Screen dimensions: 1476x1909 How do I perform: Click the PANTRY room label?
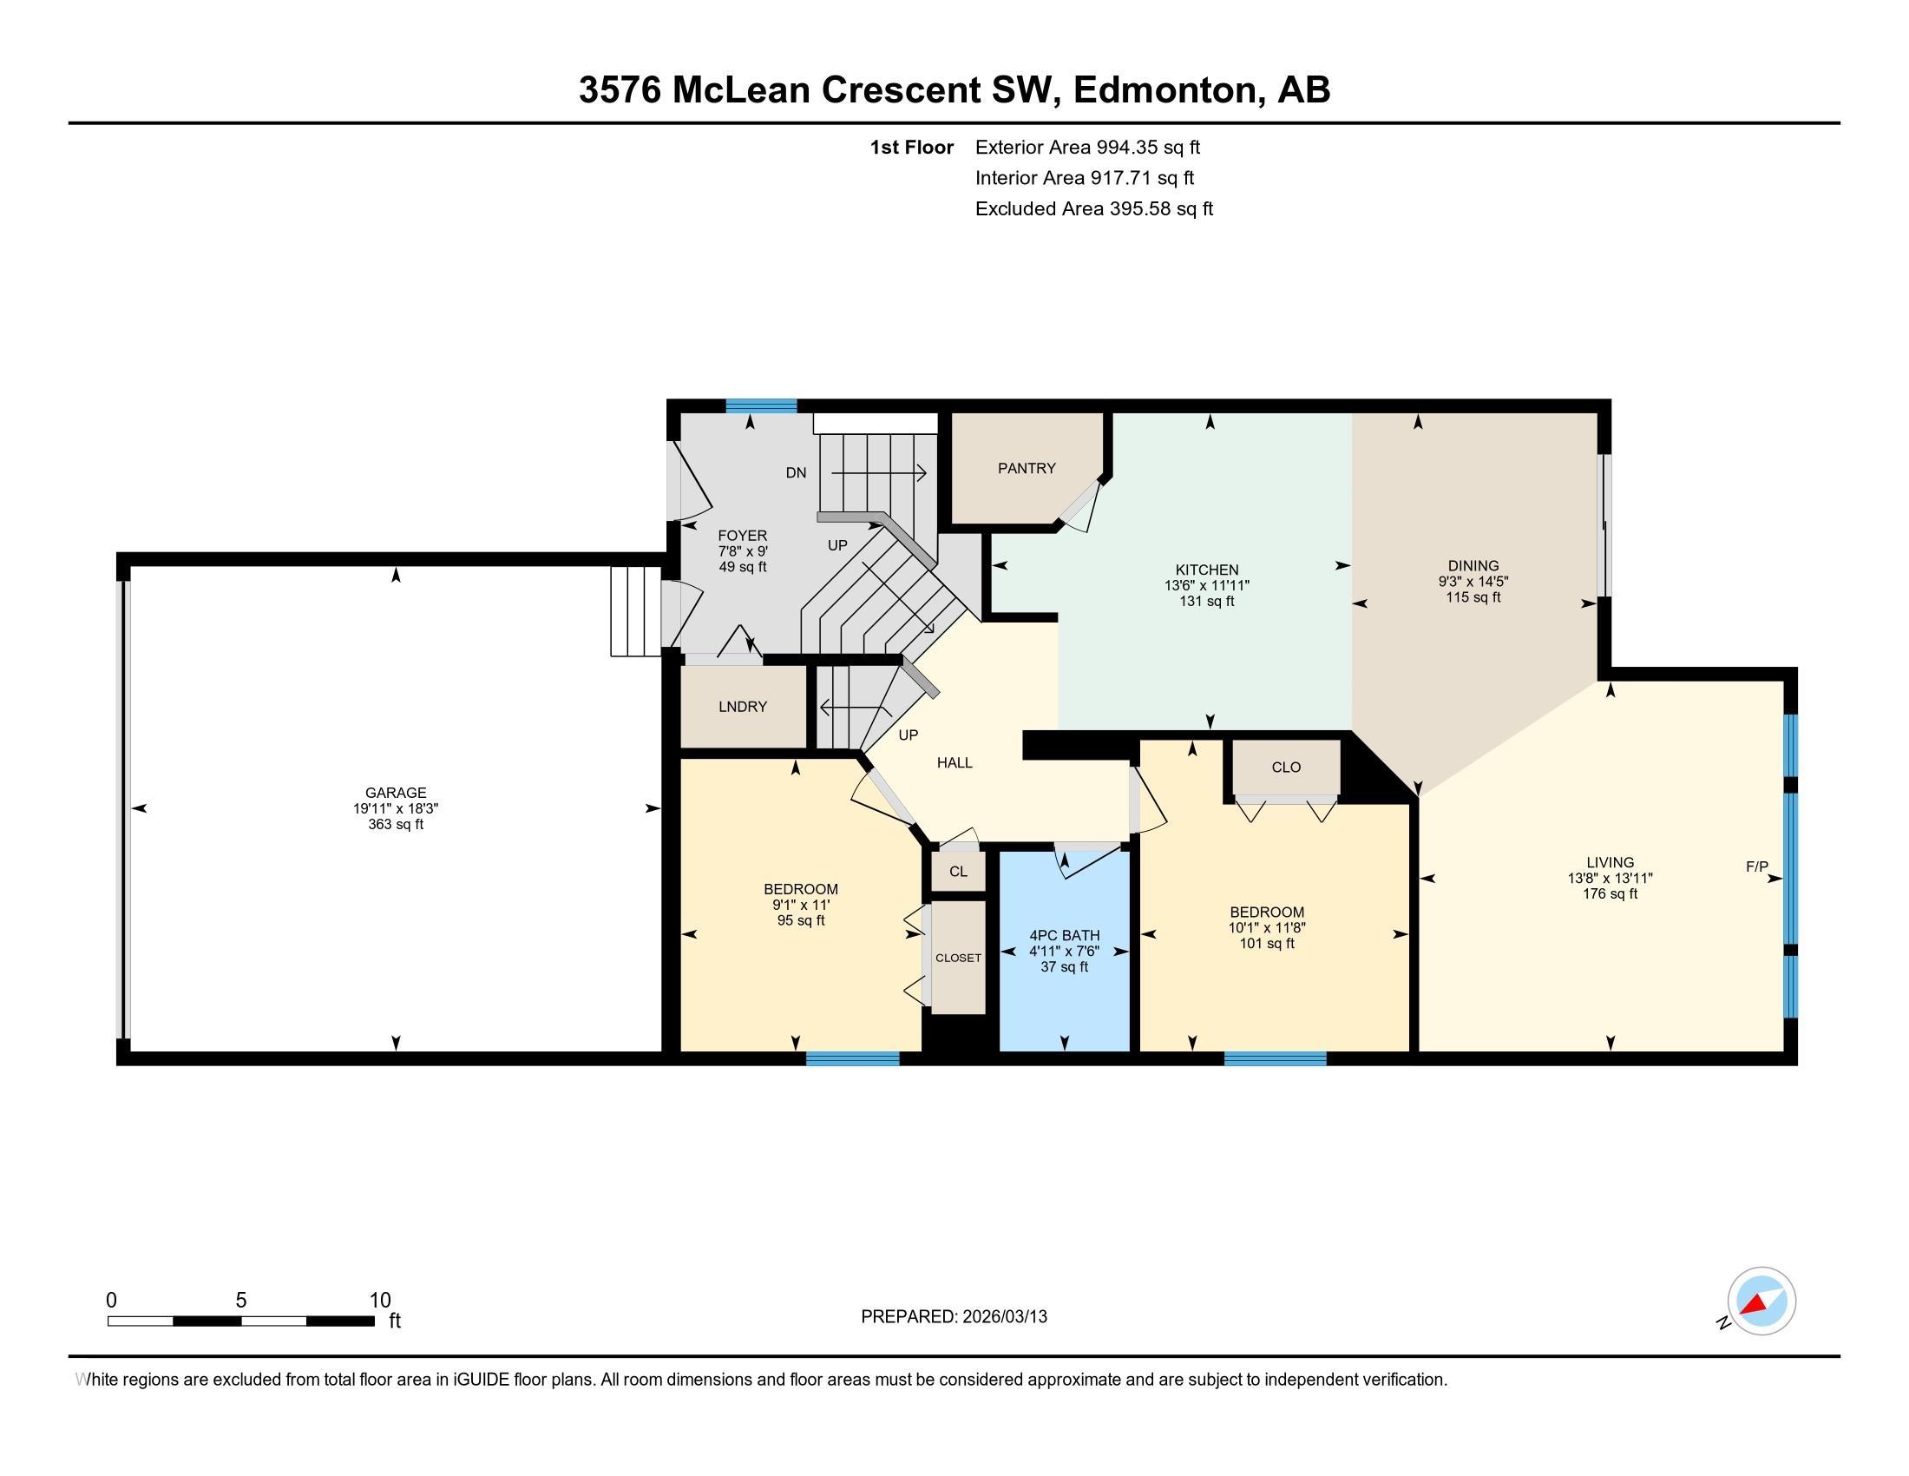click(x=1027, y=468)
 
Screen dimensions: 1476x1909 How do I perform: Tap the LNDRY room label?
click(x=742, y=707)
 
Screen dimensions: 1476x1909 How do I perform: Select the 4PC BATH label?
click(x=1064, y=935)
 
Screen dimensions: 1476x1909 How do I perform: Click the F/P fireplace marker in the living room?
click(x=1756, y=866)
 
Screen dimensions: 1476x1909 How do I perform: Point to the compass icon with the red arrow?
click(x=1761, y=1301)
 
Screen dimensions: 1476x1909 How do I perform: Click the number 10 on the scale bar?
click(x=379, y=1300)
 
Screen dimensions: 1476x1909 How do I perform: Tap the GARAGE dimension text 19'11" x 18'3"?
click(x=395, y=809)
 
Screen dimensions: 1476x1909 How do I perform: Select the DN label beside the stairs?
click(x=796, y=473)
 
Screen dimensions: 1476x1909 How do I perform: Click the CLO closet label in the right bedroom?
click(x=1286, y=767)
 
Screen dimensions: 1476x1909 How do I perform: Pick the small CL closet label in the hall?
click(x=958, y=871)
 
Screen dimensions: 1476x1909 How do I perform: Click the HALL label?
click(x=954, y=762)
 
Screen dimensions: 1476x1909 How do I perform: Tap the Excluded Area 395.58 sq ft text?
click(x=1093, y=209)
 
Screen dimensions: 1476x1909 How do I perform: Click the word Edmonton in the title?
click(x=1164, y=90)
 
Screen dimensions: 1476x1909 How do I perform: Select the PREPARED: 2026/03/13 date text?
click(x=954, y=1316)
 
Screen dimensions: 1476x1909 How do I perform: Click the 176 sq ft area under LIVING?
click(x=1609, y=893)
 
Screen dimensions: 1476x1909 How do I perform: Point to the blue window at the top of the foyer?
click(x=761, y=405)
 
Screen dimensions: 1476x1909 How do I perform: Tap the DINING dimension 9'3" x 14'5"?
click(x=1473, y=582)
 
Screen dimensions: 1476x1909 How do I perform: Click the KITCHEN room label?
click(x=1206, y=570)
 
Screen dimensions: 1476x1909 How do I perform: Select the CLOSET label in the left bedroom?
click(x=958, y=958)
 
